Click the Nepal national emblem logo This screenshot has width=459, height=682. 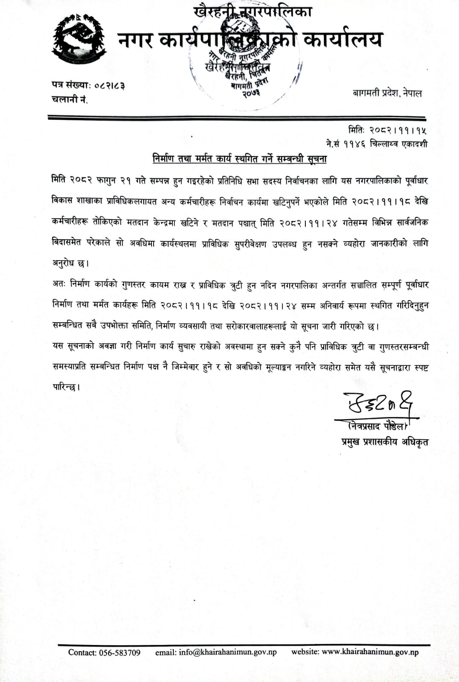pyautogui.click(x=79, y=40)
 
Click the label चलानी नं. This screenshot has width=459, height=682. pyautogui.click(x=70, y=99)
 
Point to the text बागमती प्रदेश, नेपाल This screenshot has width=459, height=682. pyautogui.click(x=387, y=93)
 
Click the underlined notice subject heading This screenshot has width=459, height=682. pyautogui.click(x=239, y=159)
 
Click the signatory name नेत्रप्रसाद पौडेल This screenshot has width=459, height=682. pyautogui.click(x=377, y=425)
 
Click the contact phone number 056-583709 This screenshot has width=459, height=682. pyautogui.click(x=119, y=653)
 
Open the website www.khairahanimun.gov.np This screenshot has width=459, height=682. pyautogui.click(x=370, y=652)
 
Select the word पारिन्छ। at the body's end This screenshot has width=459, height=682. pyautogui.click(x=66, y=387)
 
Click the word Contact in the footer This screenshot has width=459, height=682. pyautogui.click(x=82, y=653)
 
